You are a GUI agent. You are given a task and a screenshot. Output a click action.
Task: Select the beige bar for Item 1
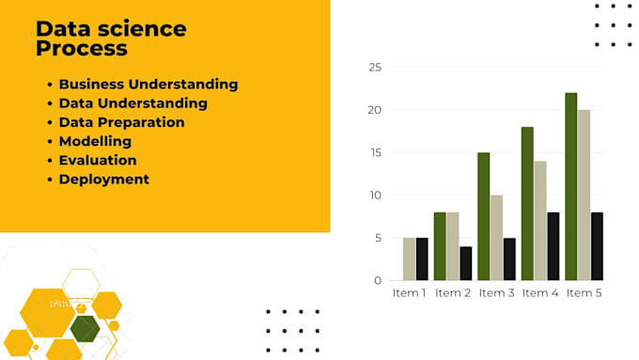pyautogui.click(x=409, y=258)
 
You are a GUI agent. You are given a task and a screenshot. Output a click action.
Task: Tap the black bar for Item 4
pyautogui.click(x=553, y=246)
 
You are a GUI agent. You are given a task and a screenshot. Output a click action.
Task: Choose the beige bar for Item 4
pyautogui.click(x=540, y=221)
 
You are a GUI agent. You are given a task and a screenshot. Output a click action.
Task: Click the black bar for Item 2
pyautogui.click(x=466, y=263)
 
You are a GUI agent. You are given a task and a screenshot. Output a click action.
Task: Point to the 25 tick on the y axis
pyautogui.click(x=375, y=68)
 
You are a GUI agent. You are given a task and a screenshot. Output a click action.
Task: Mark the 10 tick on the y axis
pyautogui.click(x=375, y=196)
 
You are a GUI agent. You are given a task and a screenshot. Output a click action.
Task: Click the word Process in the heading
pyautogui.click(x=81, y=48)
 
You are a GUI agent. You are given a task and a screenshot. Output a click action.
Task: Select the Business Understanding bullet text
pyautogui.click(x=148, y=84)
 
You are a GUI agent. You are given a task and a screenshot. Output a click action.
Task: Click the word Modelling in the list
pyautogui.click(x=95, y=141)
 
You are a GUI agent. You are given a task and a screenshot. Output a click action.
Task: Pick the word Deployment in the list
pyautogui.click(x=103, y=179)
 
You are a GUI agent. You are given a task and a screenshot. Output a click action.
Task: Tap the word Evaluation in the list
pyautogui.click(x=98, y=160)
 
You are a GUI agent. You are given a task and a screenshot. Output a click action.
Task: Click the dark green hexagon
pyautogui.click(x=85, y=328)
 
